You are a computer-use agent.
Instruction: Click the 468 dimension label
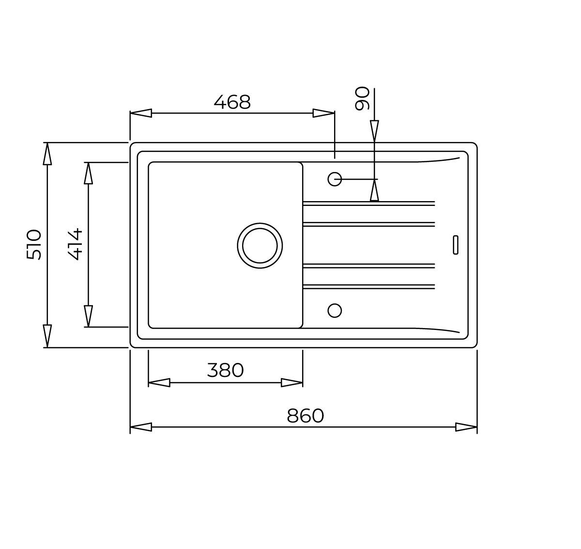tap(232, 102)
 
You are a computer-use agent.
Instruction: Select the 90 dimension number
tap(362, 98)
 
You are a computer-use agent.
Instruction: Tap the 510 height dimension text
tap(34, 245)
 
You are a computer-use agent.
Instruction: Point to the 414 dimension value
tap(75, 244)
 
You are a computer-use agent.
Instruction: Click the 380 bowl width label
tap(225, 370)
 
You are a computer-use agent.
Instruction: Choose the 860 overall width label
tap(306, 415)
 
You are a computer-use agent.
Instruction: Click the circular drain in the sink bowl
tap(260, 246)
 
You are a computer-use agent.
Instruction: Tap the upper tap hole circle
tap(335, 179)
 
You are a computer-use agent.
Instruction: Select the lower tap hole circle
tap(335, 311)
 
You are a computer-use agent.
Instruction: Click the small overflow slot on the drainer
tap(456, 245)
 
